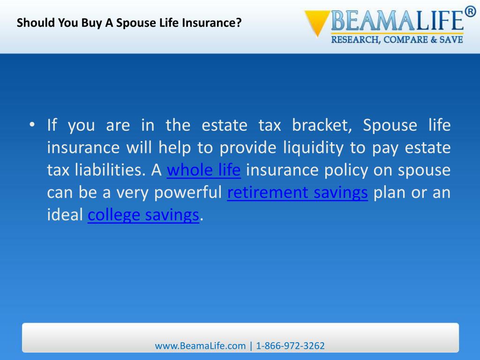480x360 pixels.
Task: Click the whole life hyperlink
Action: point(203,170)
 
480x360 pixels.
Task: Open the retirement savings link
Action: point(297,193)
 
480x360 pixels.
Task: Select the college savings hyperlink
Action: point(143,215)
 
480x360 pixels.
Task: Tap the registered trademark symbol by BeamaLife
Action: point(469,12)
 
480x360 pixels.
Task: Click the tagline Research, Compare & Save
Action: point(397,39)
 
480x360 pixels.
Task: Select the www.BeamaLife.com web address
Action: point(200,346)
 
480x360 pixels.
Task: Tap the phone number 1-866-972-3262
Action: point(291,346)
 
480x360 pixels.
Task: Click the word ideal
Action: point(65,215)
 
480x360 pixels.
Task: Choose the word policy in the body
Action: point(346,170)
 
